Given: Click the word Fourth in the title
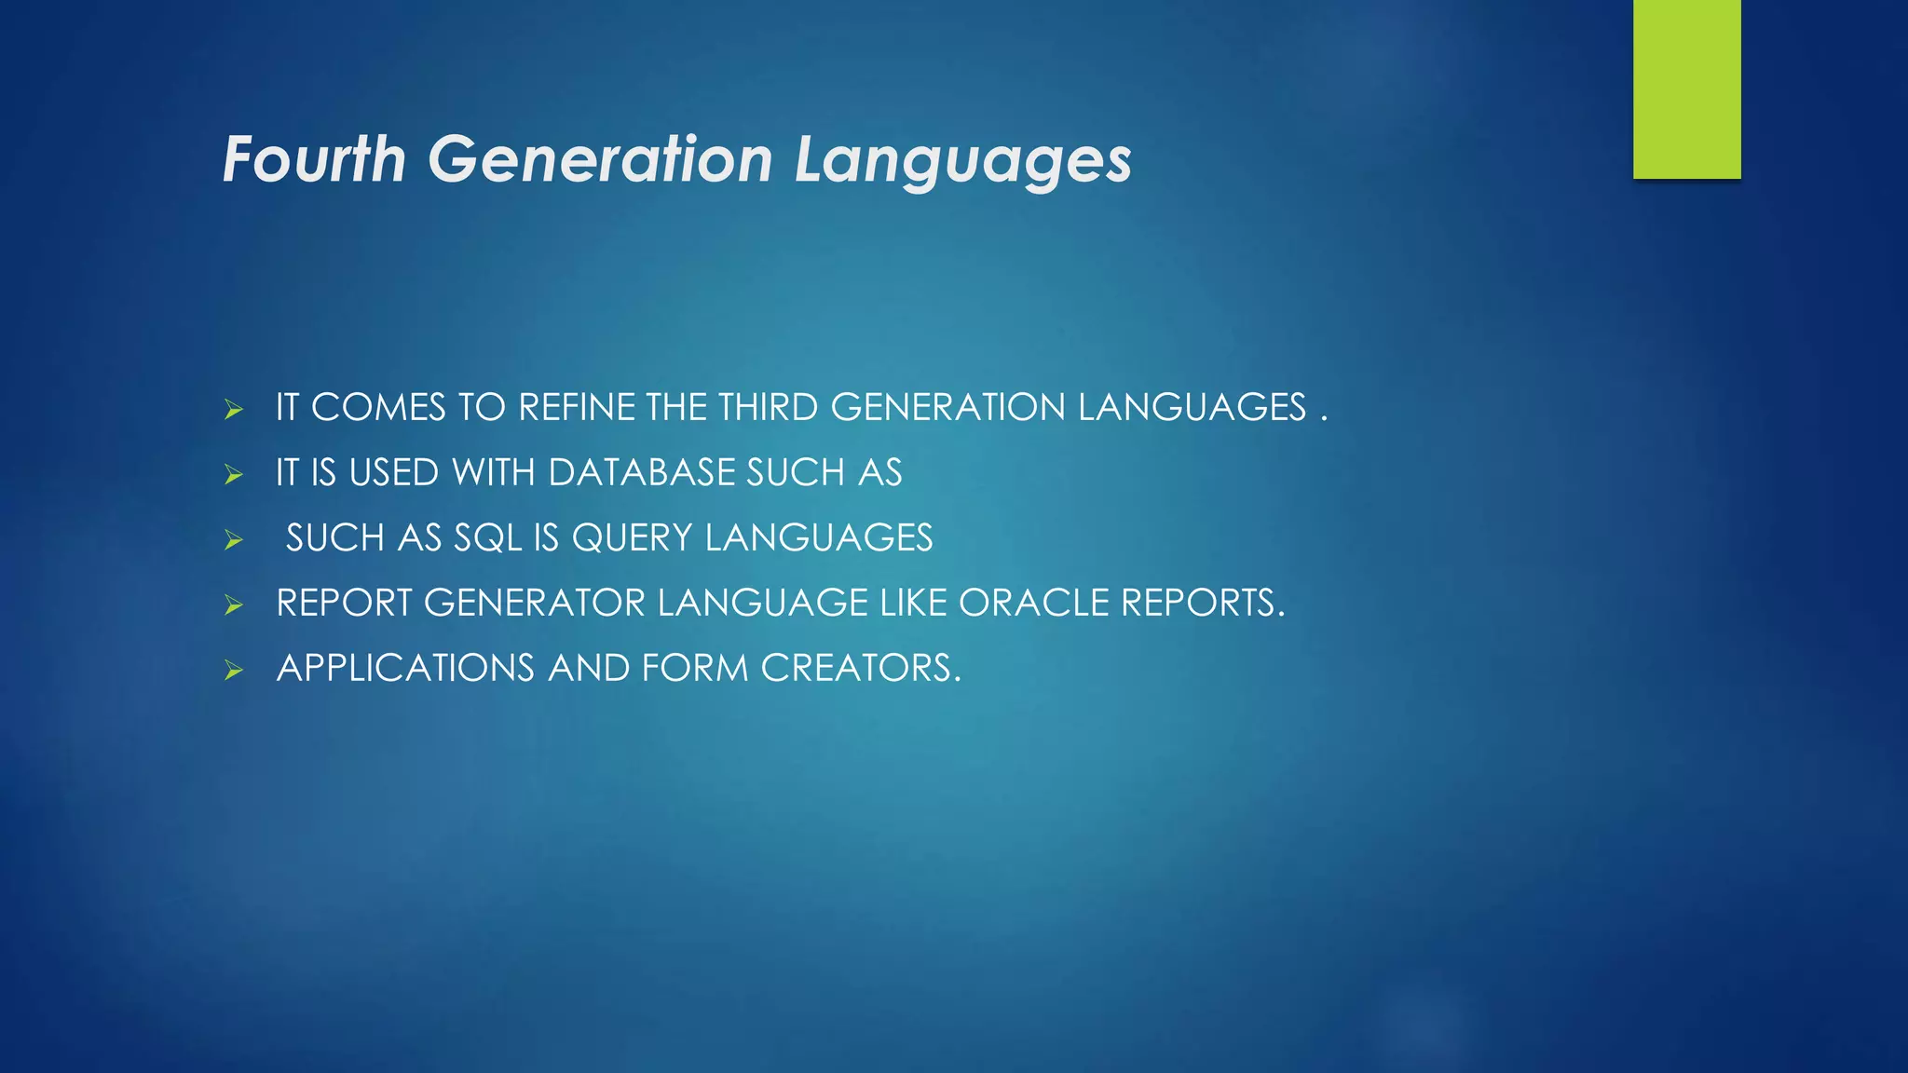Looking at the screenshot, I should click(x=314, y=159).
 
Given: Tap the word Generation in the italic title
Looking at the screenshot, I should click(x=600, y=159).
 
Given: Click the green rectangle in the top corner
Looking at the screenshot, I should click(x=1686, y=88).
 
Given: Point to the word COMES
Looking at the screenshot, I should click(x=378, y=408).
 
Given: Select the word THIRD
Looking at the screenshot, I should click(x=768, y=408).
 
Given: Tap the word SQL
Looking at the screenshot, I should click(x=487, y=538).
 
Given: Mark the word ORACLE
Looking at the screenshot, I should click(x=1033, y=604).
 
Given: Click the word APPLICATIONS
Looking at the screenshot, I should click(x=405, y=669).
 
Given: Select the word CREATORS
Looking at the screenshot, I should click(x=860, y=669).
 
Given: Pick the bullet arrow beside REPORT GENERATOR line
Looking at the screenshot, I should click(x=234, y=605).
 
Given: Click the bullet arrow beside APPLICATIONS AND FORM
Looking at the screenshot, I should click(x=234, y=671).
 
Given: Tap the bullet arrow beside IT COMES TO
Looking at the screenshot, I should click(x=234, y=410).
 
